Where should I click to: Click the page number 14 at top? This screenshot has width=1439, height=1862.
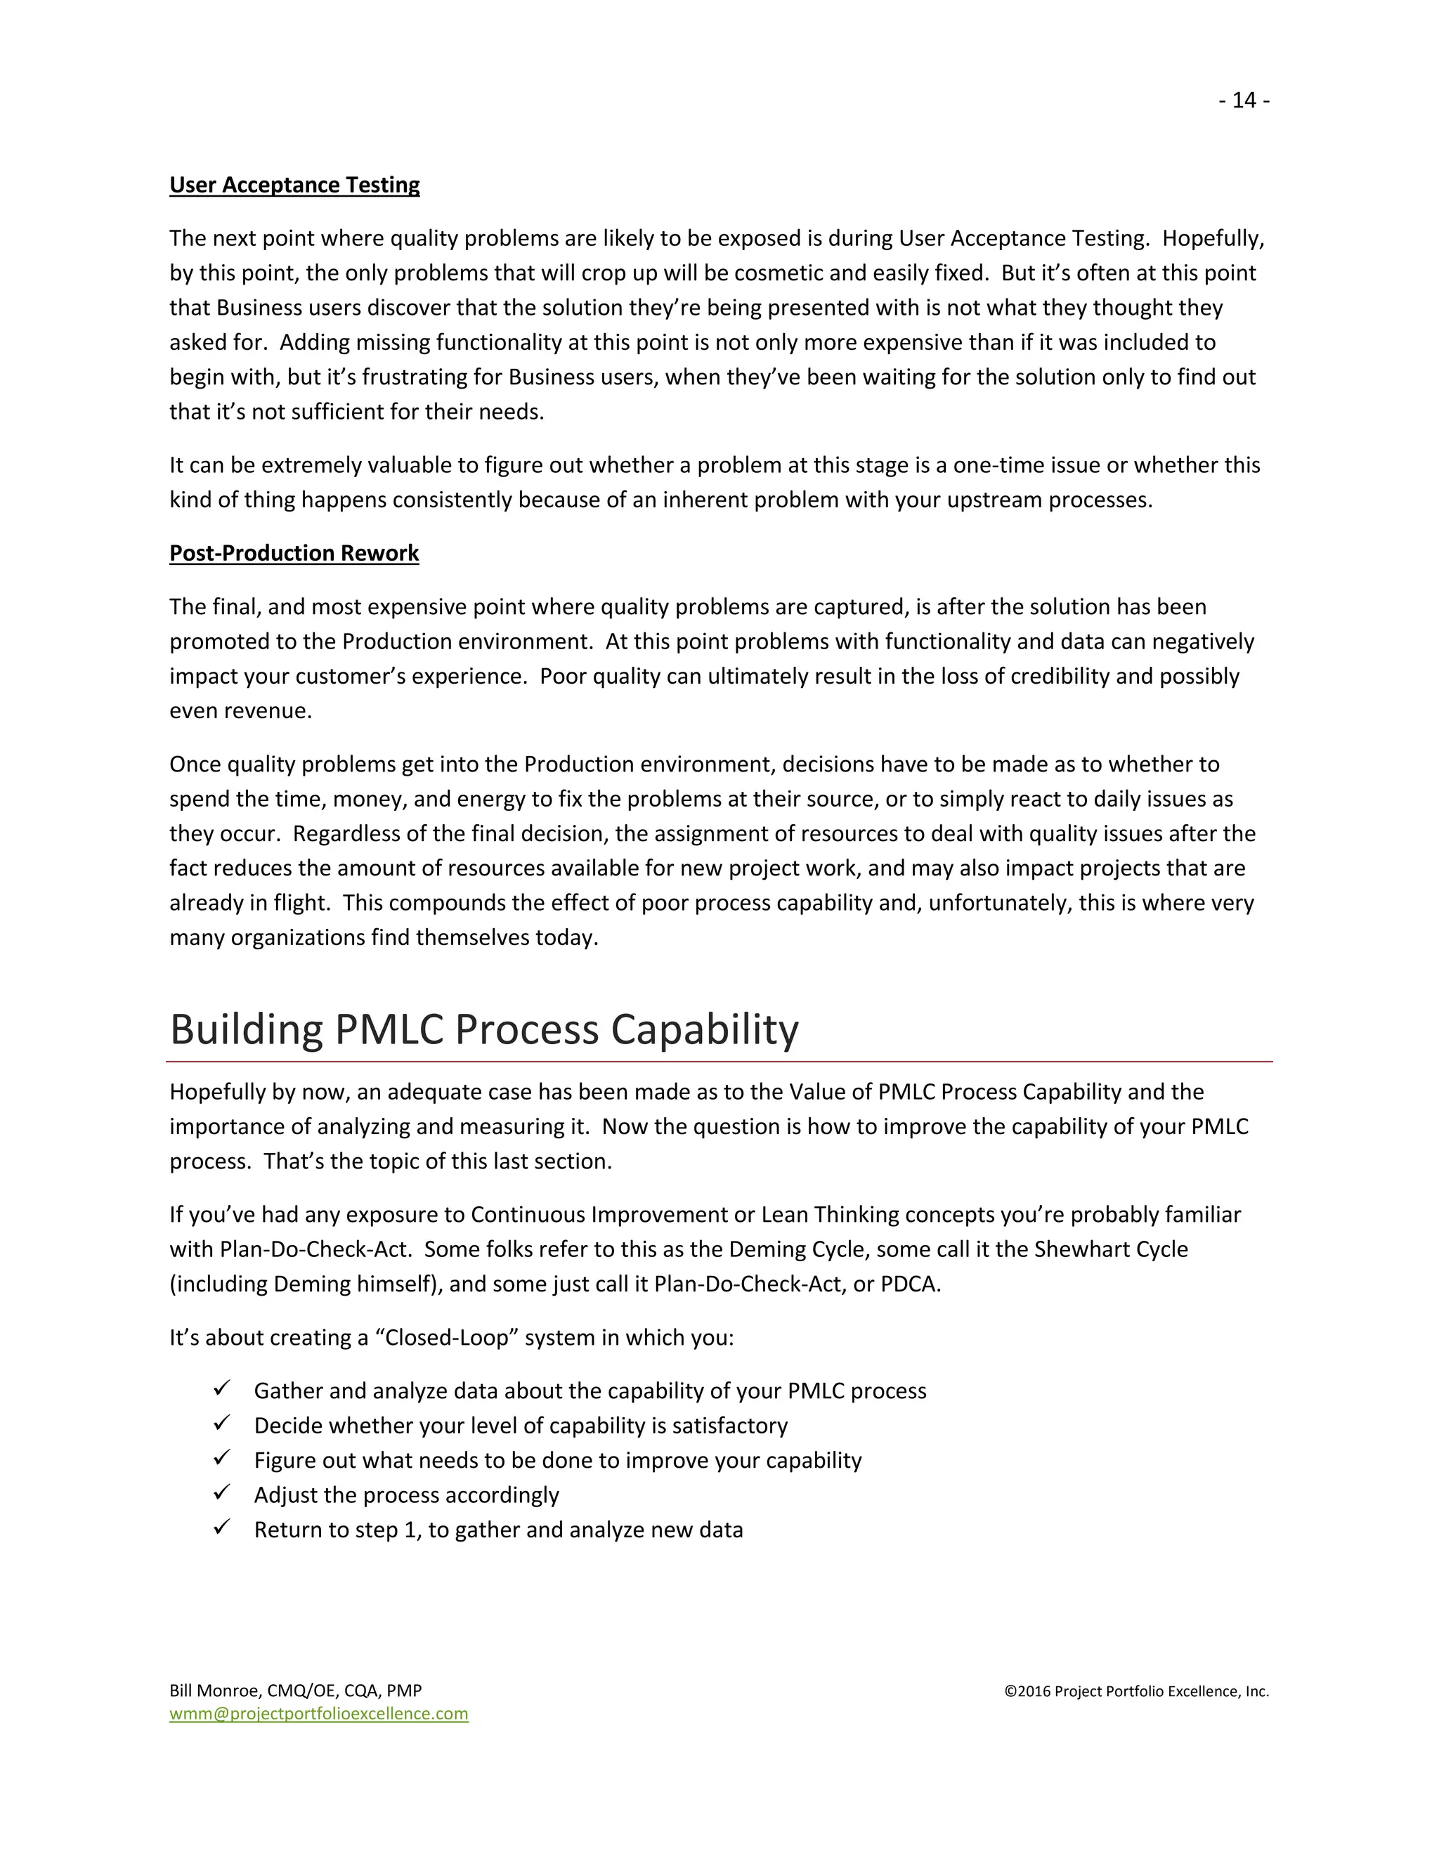1244,100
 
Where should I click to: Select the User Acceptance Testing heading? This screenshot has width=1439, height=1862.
294,185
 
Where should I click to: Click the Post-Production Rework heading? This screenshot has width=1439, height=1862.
294,552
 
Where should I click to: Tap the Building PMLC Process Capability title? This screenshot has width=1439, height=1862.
483,1029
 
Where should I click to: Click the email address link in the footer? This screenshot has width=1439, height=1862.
319,1714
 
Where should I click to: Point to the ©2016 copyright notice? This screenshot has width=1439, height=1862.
1136,1691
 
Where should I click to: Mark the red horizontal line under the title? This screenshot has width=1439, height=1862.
719,1062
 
